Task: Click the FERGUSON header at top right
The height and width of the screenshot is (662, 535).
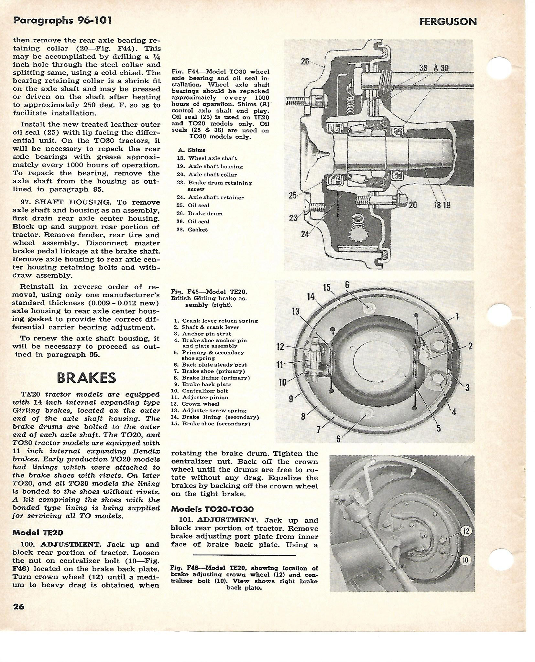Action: (x=448, y=22)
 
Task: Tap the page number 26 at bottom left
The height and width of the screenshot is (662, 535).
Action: (x=19, y=606)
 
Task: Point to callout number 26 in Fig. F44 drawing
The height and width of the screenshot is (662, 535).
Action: (x=305, y=61)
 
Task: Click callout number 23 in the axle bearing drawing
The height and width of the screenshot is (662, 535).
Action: (x=293, y=218)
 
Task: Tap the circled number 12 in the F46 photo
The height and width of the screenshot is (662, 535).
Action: (x=465, y=531)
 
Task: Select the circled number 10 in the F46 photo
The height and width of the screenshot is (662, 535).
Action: (x=465, y=560)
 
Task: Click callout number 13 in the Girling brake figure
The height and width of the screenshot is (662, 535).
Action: (x=295, y=311)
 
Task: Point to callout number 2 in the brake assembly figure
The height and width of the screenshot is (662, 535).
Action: (x=470, y=346)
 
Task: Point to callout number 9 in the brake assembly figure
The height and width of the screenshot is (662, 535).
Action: (x=291, y=399)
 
